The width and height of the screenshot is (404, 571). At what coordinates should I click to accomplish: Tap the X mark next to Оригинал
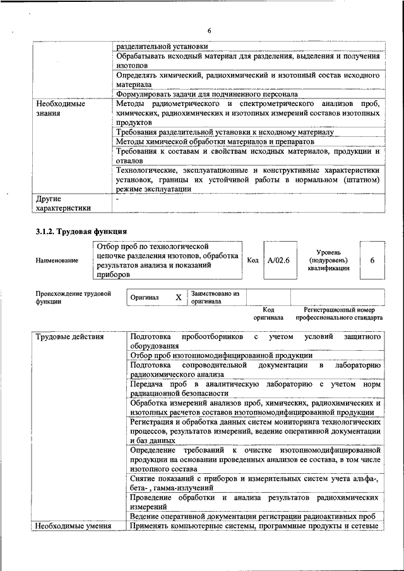tap(179, 297)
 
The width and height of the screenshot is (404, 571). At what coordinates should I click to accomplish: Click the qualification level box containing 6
tap(372, 259)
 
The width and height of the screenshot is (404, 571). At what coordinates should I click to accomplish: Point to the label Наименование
tap(57, 260)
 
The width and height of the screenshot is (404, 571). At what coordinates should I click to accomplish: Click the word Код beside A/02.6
tap(252, 259)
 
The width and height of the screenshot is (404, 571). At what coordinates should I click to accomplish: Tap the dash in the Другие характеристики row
tap(117, 198)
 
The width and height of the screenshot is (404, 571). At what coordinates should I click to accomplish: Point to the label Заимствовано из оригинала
tap(215, 297)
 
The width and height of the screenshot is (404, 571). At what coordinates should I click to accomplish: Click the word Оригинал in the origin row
tap(145, 297)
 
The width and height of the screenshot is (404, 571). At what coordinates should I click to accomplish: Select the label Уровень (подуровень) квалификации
tap(328, 259)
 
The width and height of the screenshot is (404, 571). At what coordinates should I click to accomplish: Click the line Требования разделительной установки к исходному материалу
tap(224, 132)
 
